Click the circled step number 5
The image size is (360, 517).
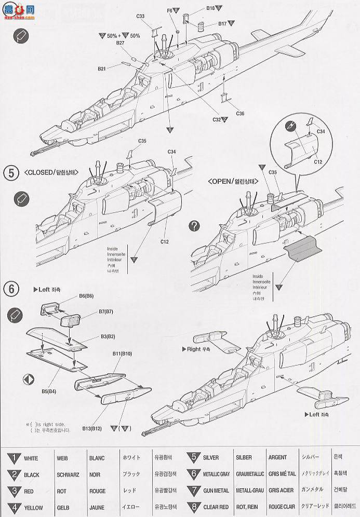coord(9,173)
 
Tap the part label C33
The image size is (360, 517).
coord(141,17)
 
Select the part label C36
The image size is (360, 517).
coord(239,113)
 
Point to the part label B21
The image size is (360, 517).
coord(102,68)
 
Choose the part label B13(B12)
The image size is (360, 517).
coord(92,428)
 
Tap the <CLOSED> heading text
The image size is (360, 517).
coord(51,173)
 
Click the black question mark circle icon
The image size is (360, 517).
coord(194,226)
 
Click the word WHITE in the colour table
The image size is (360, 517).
coord(31,458)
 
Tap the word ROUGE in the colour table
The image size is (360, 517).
coord(97,491)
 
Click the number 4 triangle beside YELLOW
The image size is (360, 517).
coord(14,507)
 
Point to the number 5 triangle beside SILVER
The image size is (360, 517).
coord(193,458)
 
